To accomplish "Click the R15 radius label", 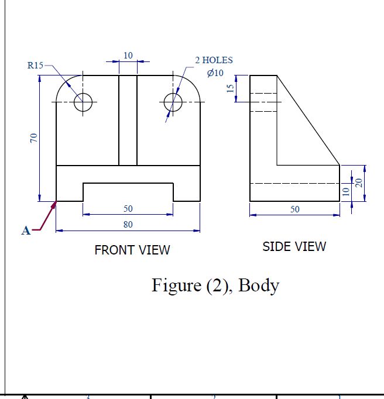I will coord(35,65).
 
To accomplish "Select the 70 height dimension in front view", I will coord(35,138).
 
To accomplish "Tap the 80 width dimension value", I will coord(128,224).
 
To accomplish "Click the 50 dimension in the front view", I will coord(128,209).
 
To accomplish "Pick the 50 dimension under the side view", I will coord(294,209).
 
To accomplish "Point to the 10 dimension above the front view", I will coord(128,55).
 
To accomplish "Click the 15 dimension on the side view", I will coord(231,88).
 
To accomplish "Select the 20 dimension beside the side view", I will coord(358,183).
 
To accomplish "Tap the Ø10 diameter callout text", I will coord(215,73).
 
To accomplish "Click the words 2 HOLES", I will coord(214,60).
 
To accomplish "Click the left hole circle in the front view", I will coord(83,102).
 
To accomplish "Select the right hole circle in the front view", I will coord(173,102).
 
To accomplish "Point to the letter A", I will coord(25,231).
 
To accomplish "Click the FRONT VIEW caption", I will coord(132,250).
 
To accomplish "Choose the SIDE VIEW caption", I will coord(294,246).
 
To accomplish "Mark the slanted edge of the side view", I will coord(308,121).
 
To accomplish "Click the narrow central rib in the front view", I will coord(128,120).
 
